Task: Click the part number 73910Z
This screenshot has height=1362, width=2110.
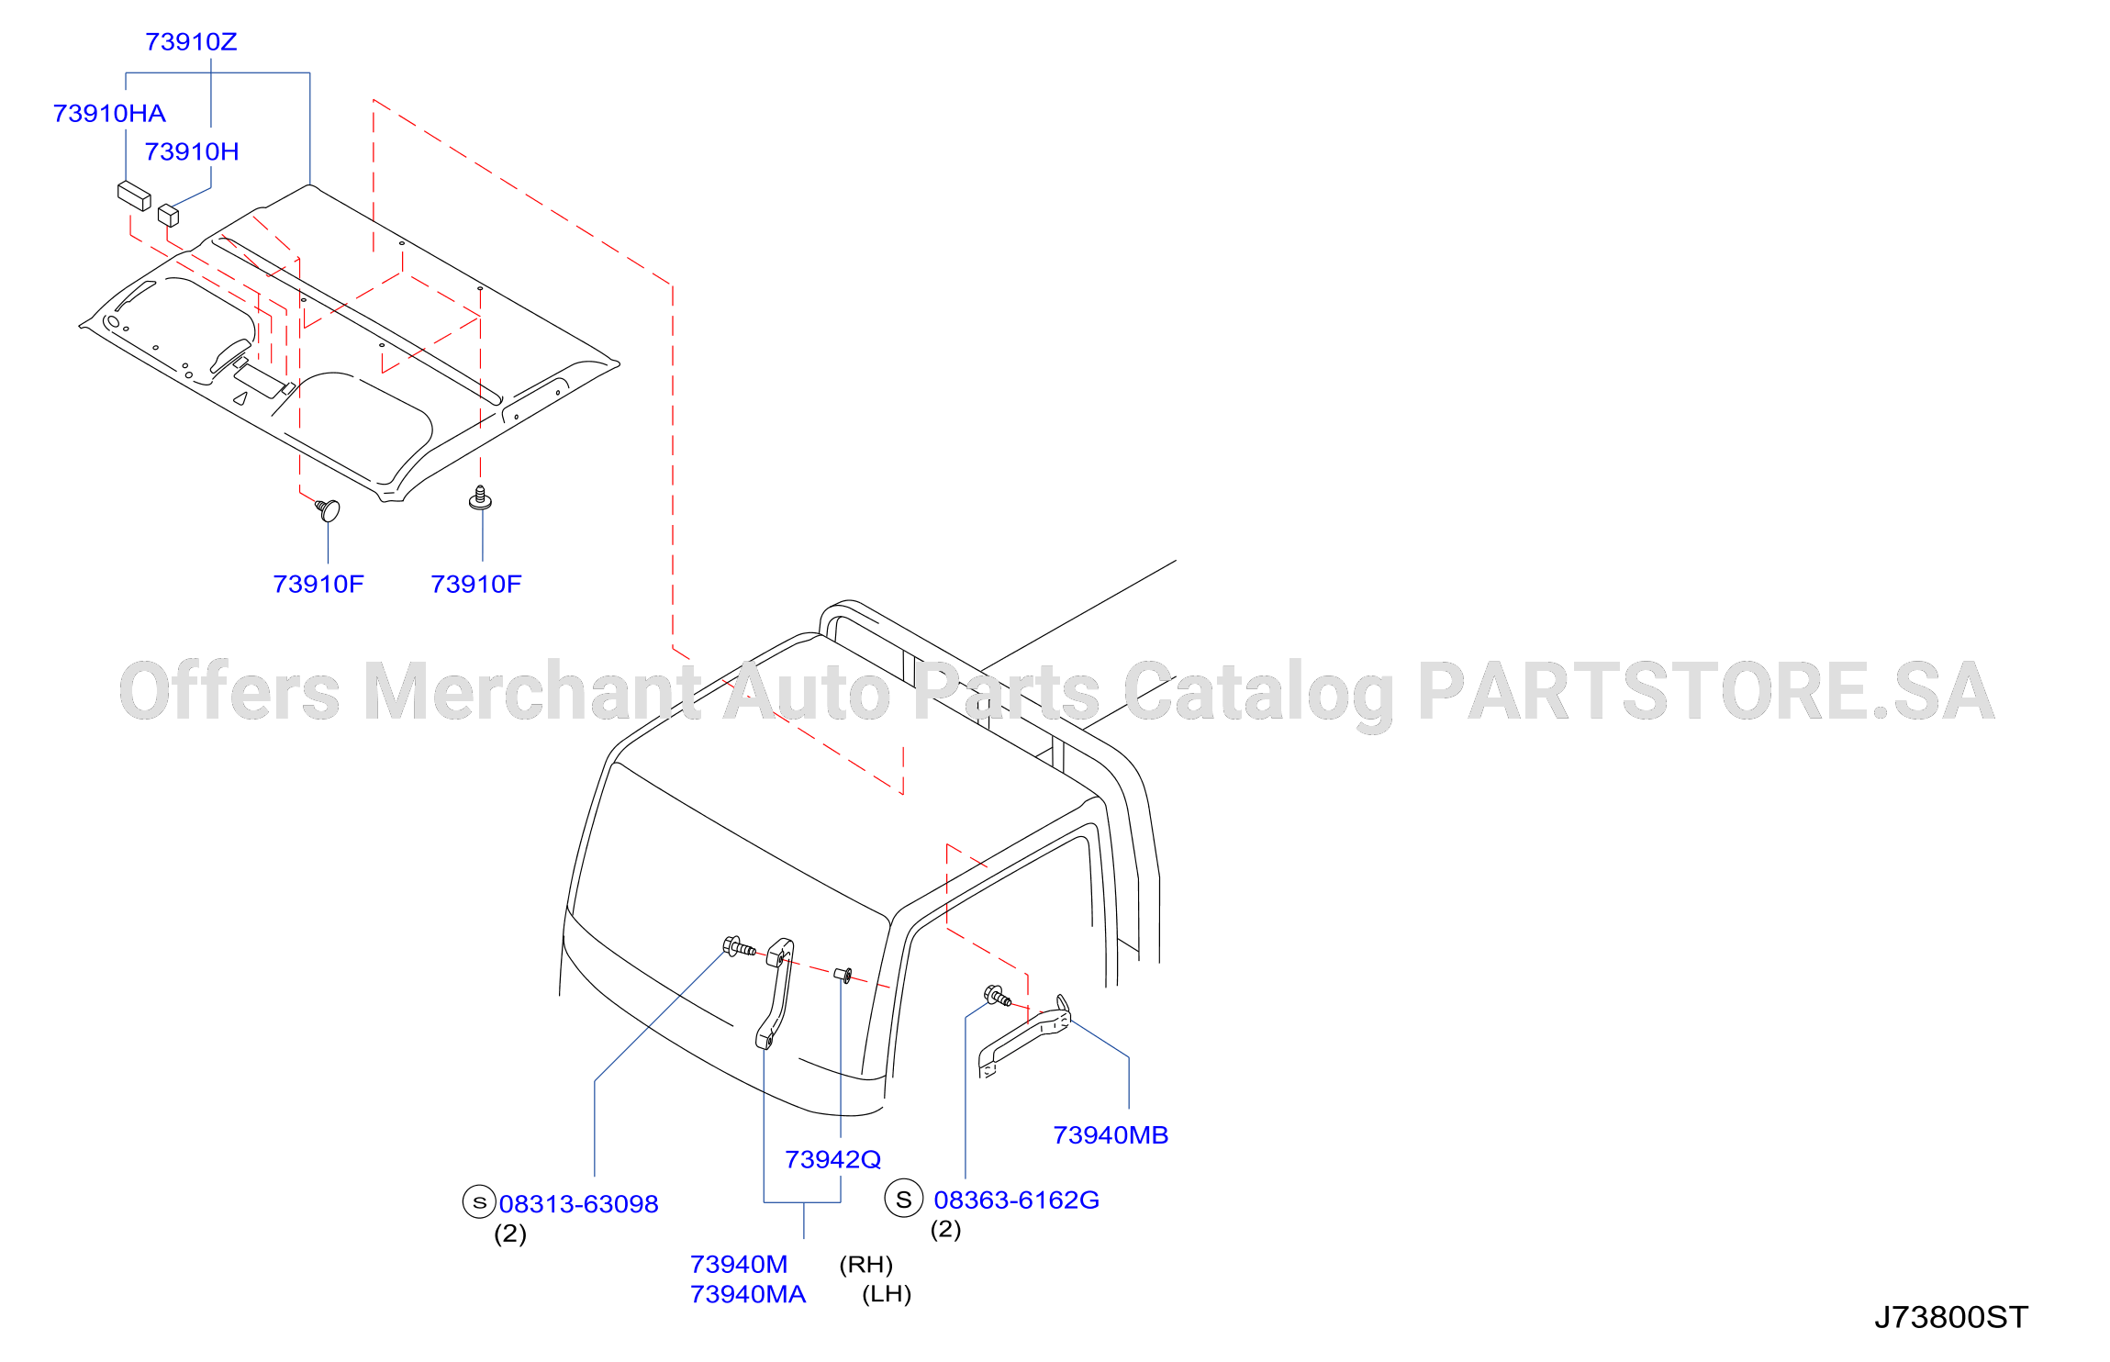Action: [191, 42]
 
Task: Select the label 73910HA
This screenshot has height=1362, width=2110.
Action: [109, 114]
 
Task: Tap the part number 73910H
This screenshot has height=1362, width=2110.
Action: [192, 152]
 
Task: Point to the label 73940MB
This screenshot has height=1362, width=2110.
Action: [1111, 1135]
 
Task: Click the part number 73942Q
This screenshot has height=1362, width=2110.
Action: [832, 1160]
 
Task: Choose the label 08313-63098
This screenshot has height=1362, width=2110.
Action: [579, 1204]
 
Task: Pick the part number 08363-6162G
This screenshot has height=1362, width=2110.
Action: [1016, 1200]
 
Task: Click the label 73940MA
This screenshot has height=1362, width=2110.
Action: [748, 1295]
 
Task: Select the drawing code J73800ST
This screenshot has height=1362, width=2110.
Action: [1951, 1318]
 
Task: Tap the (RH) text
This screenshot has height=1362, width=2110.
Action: [865, 1265]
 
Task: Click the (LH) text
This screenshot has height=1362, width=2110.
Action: [887, 1295]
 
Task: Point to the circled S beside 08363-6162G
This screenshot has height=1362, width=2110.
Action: [904, 1199]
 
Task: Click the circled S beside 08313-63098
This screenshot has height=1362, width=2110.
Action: [479, 1202]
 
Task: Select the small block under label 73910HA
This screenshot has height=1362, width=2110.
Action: [134, 195]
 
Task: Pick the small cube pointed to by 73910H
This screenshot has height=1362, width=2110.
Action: [168, 215]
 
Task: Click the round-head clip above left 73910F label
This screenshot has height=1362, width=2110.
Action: [329, 509]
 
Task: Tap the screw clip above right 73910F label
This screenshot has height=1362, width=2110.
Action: [480, 498]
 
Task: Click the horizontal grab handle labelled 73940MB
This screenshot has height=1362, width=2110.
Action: [1024, 1037]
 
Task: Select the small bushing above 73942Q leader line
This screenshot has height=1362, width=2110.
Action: [843, 975]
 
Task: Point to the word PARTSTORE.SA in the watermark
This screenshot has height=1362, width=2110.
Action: [1706, 691]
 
